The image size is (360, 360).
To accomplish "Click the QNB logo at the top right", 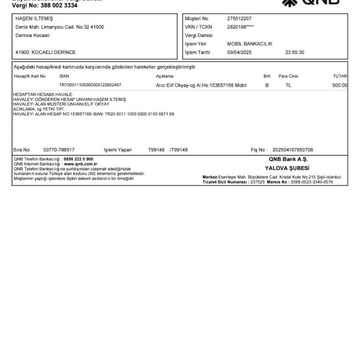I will [x=317, y=2].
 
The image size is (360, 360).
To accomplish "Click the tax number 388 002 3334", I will [x=60, y=6].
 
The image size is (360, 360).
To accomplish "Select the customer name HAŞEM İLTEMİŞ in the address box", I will [x=34, y=19].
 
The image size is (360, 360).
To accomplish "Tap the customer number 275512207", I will [x=239, y=19].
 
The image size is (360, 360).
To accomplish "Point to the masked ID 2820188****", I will [x=240, y=27].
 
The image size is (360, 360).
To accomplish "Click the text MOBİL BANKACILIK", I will [x=249, y=44].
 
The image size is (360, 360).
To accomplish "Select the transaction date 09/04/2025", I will [x=239, y=52].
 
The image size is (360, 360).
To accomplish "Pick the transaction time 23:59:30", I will [x=294, y=52].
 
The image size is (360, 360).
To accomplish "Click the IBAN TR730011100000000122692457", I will [x=90, y=85].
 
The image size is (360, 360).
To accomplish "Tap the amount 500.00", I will [x=340, y=85].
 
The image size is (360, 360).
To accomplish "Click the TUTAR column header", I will [x=340, y=76].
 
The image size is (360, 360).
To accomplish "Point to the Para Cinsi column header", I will [x=288, y=76].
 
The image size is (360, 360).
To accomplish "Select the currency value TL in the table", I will [x=288, y=85].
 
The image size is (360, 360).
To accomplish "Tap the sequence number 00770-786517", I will [x=59, y=150].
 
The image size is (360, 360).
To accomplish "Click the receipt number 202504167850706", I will [x=292, y=150].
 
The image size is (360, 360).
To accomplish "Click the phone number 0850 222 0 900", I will [x=78, y=159].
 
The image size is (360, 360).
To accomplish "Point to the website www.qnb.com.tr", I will [x=80, y=164].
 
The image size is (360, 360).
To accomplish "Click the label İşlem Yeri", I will [x=195, y=44].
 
